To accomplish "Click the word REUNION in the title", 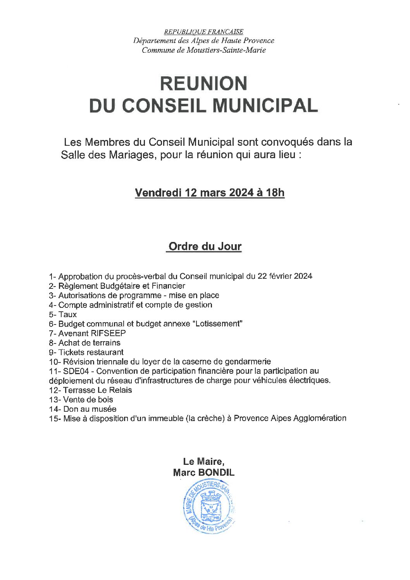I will pos(203,83).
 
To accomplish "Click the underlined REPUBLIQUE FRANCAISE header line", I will pos(204,32).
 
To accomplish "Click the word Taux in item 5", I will pos(68,314).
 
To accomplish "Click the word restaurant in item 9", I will pos(105,352).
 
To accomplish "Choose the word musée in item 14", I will pos(105,409).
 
